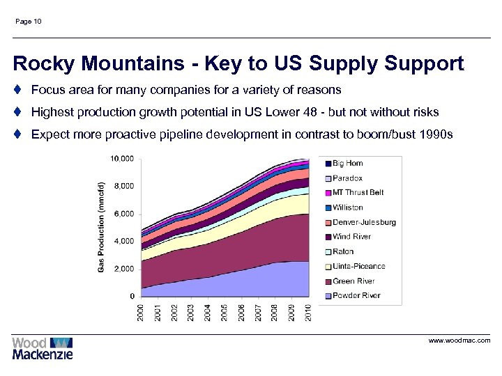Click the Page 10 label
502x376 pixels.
point(28,22)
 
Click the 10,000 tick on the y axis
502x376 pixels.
point(121,159)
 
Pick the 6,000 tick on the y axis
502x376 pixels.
point(123,214)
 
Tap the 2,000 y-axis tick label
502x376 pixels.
point(123,269)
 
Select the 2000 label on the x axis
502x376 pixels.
point(142,313)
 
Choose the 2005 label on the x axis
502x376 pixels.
point(225,313)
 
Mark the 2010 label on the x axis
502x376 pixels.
point(307,313)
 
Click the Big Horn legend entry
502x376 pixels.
point(347,163)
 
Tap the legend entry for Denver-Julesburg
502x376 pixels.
point(363,222)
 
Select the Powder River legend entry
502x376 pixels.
point(356,295)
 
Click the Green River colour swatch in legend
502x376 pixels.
point(328,281)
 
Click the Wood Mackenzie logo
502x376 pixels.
point(43,348)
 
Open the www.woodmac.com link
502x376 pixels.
point(459,340)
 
